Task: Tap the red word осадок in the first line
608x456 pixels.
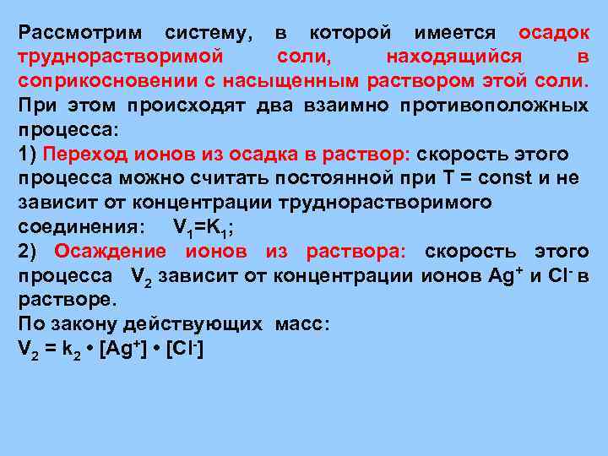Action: (x=554, y=33)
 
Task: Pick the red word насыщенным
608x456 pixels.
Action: (x=296, y=81)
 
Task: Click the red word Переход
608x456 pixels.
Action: (x=88, y=155)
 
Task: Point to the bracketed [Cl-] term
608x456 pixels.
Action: (x=185, y=350)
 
